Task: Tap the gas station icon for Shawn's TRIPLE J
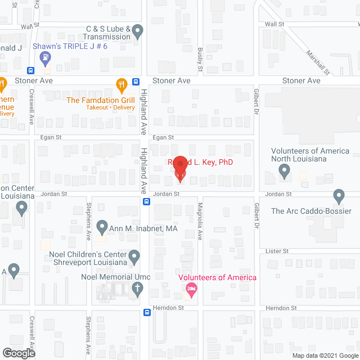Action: point(45,57)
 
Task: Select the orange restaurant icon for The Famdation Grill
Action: point(121,85)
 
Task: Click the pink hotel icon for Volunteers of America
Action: point(191,290)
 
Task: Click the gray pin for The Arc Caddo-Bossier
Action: point(339,196)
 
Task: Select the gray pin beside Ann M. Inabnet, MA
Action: point(102,228)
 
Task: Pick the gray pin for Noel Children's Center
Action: point(134,257)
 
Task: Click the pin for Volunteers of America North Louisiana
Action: point(285,172)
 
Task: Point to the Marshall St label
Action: point(317,62)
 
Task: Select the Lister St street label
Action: point(278,251)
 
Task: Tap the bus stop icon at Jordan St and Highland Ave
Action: point(146,201)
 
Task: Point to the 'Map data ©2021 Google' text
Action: point(324,355)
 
